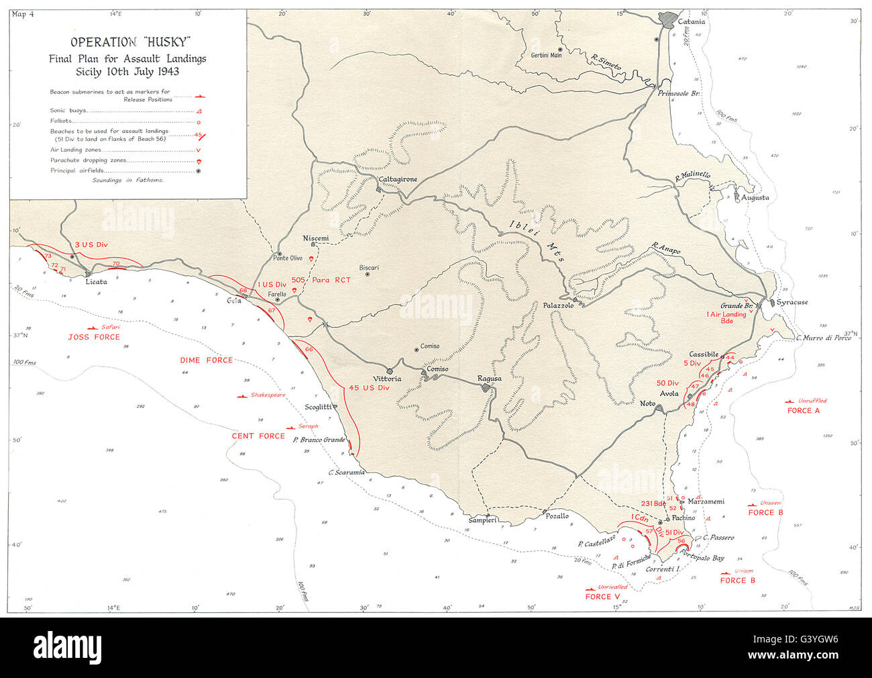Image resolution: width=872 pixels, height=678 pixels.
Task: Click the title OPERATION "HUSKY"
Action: coord(127,42)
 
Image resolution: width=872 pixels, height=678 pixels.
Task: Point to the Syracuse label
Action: coord(792,302)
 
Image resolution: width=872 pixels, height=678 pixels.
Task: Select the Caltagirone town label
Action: coord(398,180)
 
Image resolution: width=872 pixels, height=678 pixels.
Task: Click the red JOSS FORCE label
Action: coord(94,336)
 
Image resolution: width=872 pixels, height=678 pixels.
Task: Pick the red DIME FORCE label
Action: coord(206,360)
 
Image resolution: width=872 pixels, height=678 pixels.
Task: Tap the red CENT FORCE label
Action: coord(258,436)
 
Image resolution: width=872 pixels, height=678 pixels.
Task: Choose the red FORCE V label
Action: coord(598,597)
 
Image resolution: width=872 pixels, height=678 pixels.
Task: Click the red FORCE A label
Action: coord(804,410)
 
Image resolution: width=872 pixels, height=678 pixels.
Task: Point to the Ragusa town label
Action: coord(489,379)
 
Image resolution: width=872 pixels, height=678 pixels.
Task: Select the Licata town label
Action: coord(96,282)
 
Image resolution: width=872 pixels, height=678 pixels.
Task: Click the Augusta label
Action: coord(755,197)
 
